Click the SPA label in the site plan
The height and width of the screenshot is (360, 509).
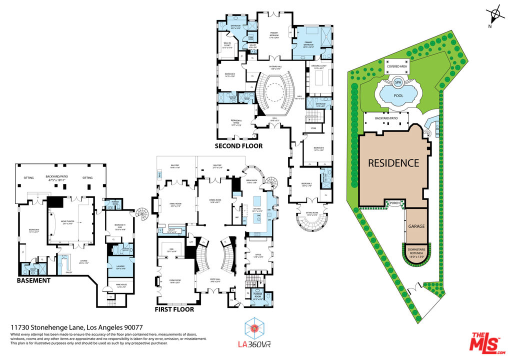pyautogui.click(x=398, y=82)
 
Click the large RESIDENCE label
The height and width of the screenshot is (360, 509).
pyautogui.click(x=393, y=163)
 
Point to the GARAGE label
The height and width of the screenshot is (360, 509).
pyautogui.click(x=416, y=226)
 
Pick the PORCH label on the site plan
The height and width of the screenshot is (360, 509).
pyautogui.click(x=395, y=202)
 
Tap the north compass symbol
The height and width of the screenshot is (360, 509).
pyautogui.click(x=495, y=14)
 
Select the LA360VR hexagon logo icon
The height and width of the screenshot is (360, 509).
pyautogui.click(x=254, y=328)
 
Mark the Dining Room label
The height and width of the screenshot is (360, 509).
pyautogui.click(x=215, y=202)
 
